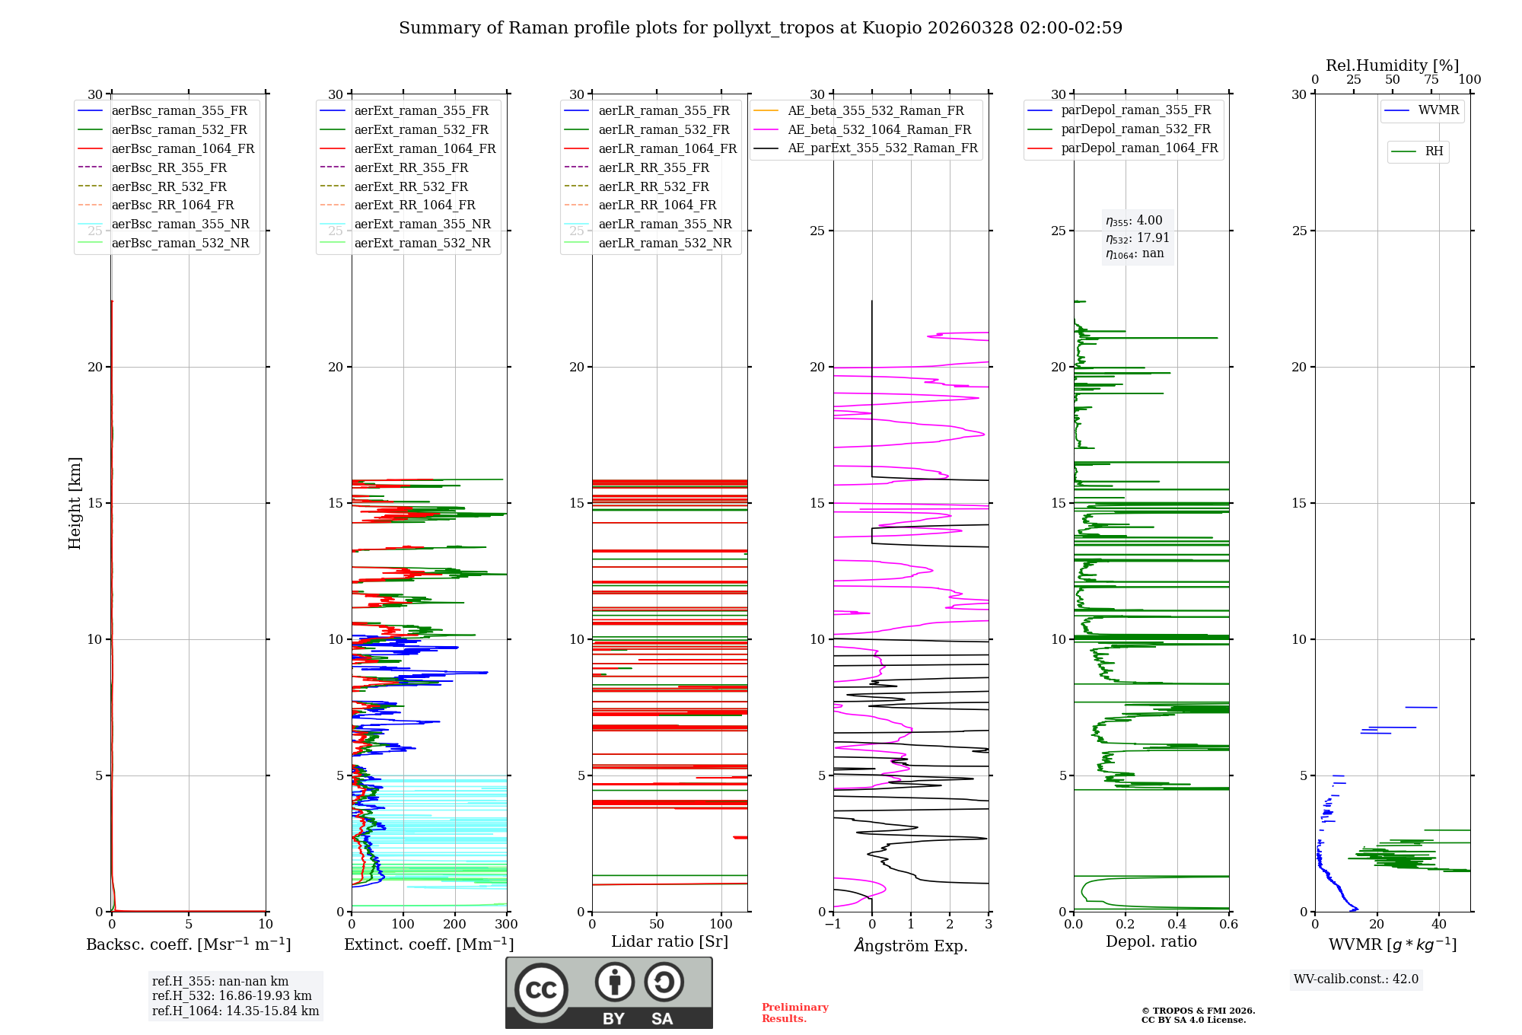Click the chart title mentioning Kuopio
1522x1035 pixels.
tap(760, 28)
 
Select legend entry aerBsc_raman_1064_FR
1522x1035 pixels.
tap(183, 149)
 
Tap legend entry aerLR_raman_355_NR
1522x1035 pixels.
tap(664, 225)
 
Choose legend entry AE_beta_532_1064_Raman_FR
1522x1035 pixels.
tap(879, 130)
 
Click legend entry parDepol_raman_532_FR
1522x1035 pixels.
tap(1135, 129)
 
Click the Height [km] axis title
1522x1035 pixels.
tap(75, 503)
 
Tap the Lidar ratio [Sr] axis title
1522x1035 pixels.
tap(670, 942)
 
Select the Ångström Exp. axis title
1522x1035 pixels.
tap(911, 945)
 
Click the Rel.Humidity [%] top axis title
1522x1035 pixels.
tap(1392, 65)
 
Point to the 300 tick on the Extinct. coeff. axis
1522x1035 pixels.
tap(506, 925)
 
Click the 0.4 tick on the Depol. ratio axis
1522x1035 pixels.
tap(1177, 925)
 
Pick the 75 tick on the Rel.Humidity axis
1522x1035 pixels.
tap(1431, 80)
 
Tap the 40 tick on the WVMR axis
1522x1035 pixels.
tap(1439, 925)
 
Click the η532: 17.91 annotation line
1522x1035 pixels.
tap(1137, 238)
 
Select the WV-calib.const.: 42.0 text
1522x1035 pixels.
tap(1356, 979)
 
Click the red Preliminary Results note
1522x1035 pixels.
tap(794, 1013)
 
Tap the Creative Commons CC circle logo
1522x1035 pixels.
tap(541, 990)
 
